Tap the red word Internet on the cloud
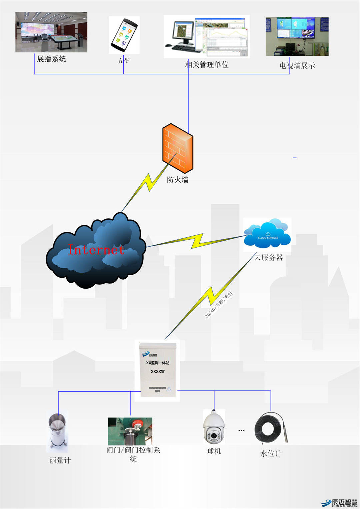point(96,250)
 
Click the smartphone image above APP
point(124,35)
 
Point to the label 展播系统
point(51,59)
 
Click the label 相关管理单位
point(207,65)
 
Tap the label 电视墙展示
point(297,66)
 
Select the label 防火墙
point(178,180)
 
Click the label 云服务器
point(269,257)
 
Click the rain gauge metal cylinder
point(58,430)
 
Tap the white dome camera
point(214,427)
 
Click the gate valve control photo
point(130,431)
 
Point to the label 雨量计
point(60,460)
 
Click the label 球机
point(214,451)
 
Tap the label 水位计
point(271,454)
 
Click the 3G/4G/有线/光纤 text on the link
point(219,304)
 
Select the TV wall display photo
point(297,36)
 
